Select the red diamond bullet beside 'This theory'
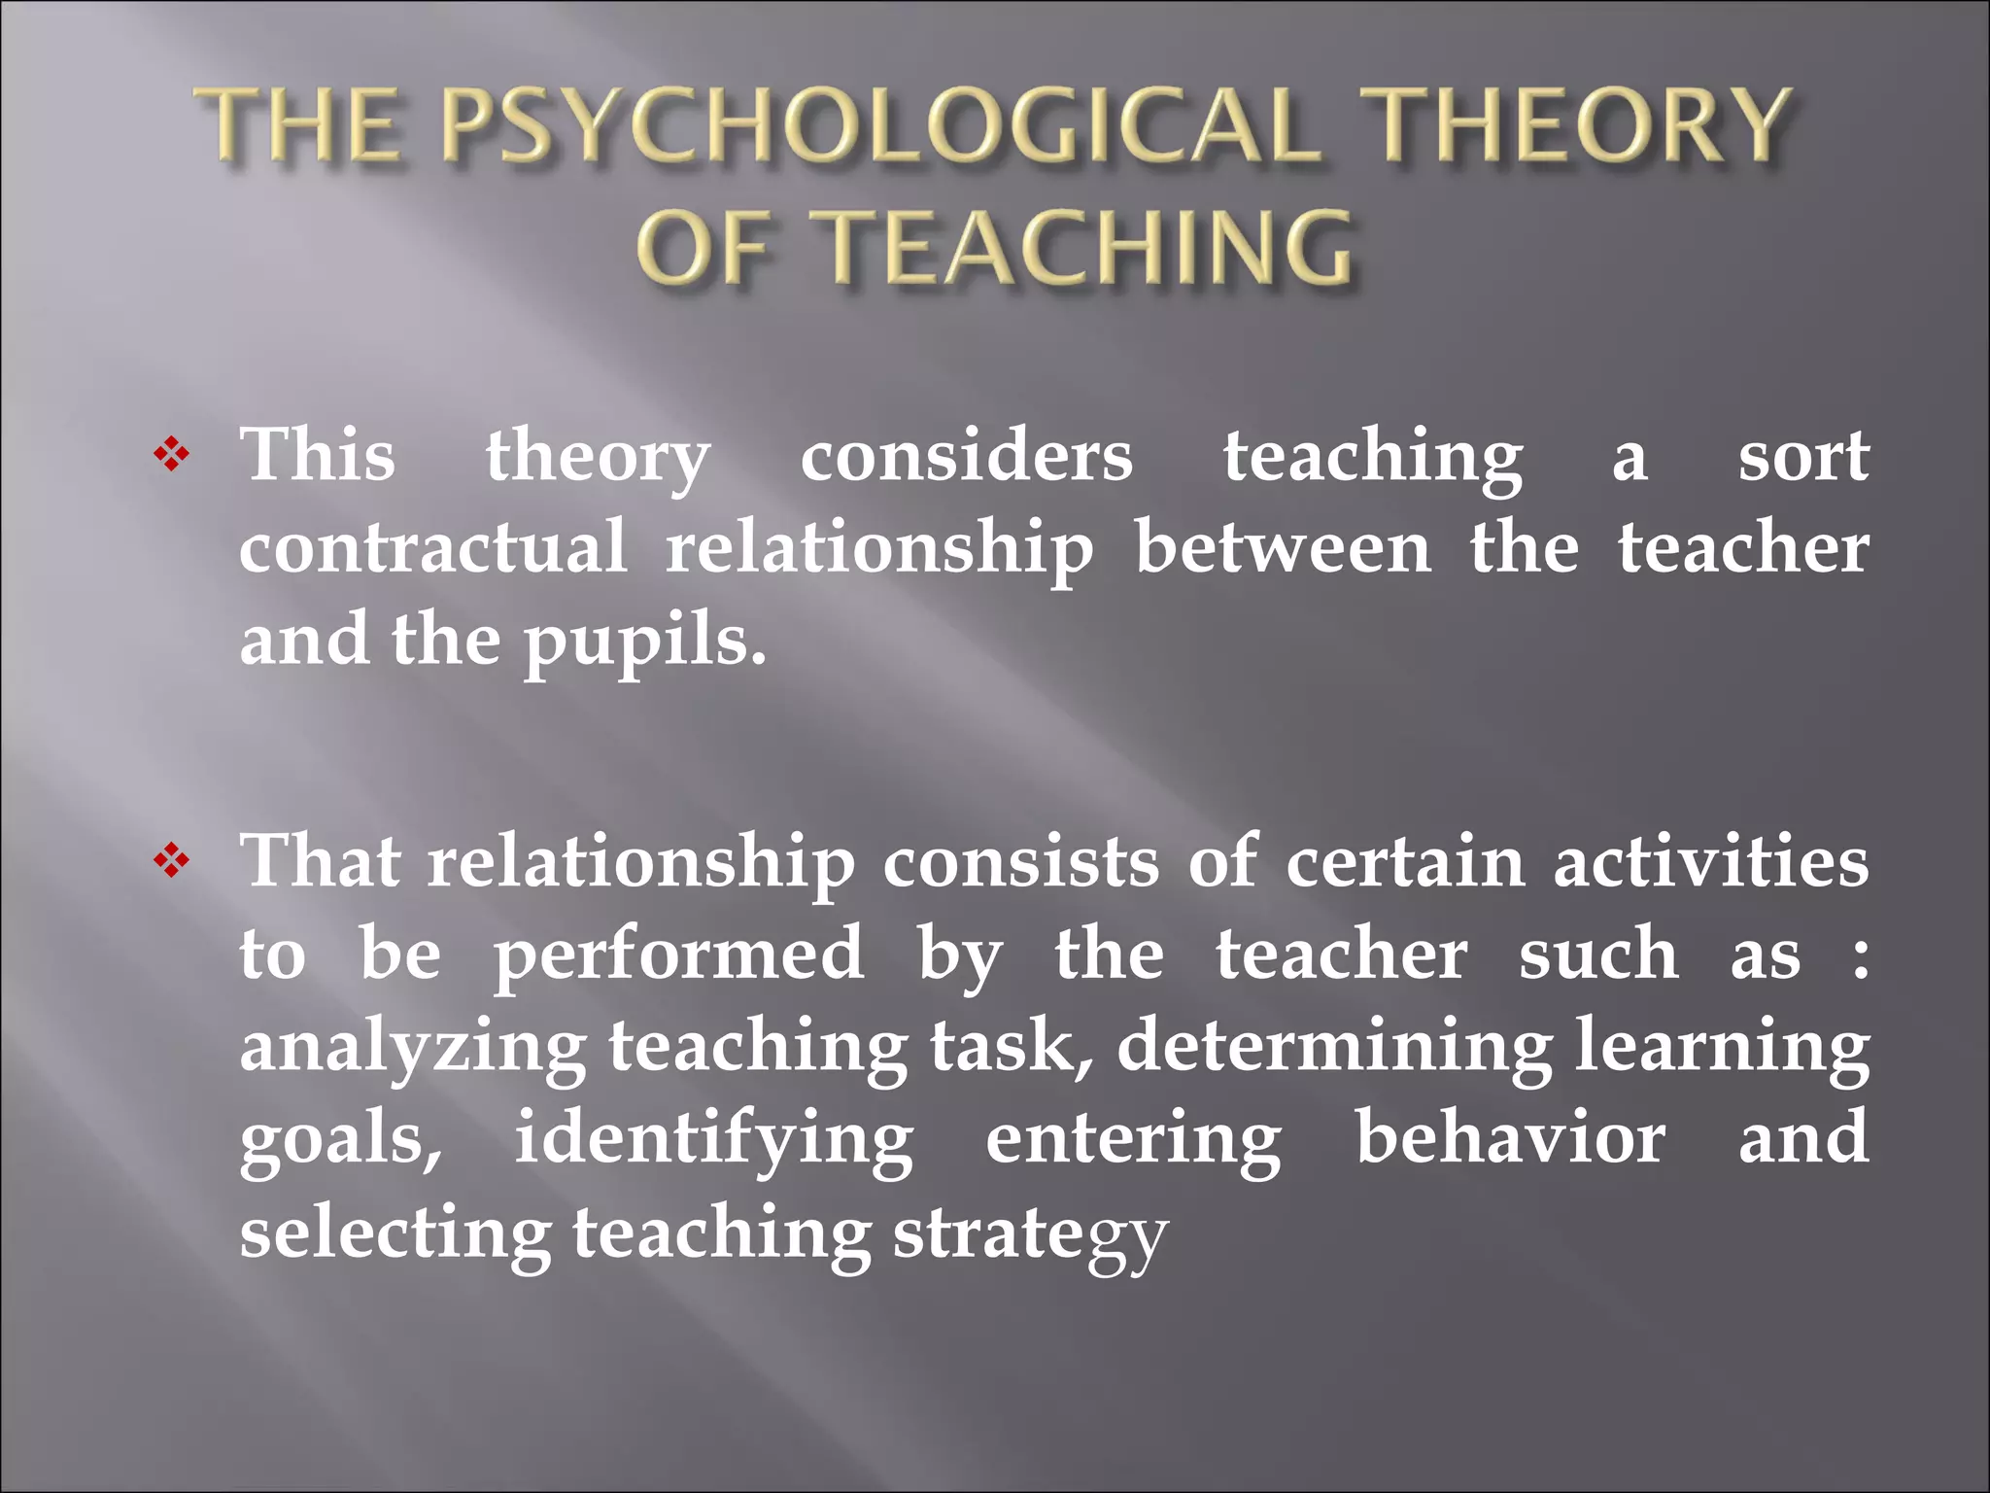tap(171, 455)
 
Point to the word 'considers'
tap(966, 457)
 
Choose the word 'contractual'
tap(433, 548)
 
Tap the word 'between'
tap(1283, 548)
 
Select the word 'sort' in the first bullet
tap(1802, 457)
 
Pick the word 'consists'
tap(1020, 863)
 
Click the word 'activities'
tap(1710, 863)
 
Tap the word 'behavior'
tap(1510, 1139)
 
